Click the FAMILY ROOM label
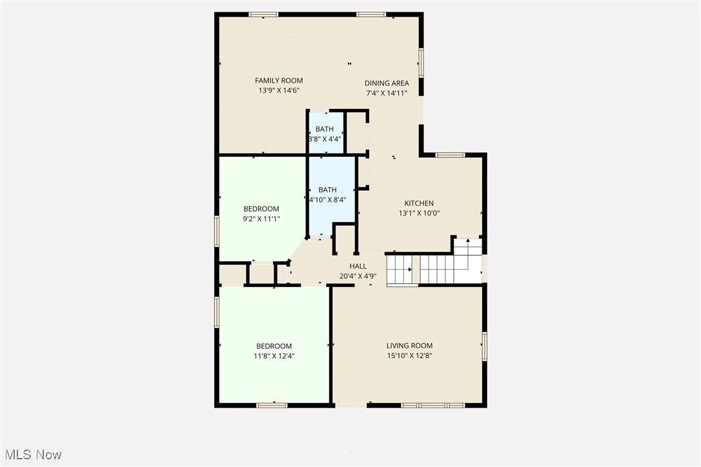[x=278, y=81]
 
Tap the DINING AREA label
[x=386, y=83]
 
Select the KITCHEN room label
[x=419, y=203]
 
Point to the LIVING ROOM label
[x=409, y=346]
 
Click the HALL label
[x=358, y=266]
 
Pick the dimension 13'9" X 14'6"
[x=278, y=90]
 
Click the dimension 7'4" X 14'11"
[x=386, y=93]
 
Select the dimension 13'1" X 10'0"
[x=419, y=213]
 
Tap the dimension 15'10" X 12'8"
[x=409, y=355]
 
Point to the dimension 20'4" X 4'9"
[x=358, y=276]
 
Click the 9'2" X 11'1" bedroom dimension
[x=261, y=219]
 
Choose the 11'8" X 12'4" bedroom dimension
[x=274, y=356]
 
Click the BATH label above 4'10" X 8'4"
[x=327, y=190]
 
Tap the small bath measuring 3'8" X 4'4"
[x=325, y=134]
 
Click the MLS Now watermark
[x=32, y=455]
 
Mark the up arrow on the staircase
[x=467, y=241]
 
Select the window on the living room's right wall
[x=484, y=346]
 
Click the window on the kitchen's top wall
[x=450, y=155]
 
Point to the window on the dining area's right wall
[x=421, y=63]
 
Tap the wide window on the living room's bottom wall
[x=432, y=405]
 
